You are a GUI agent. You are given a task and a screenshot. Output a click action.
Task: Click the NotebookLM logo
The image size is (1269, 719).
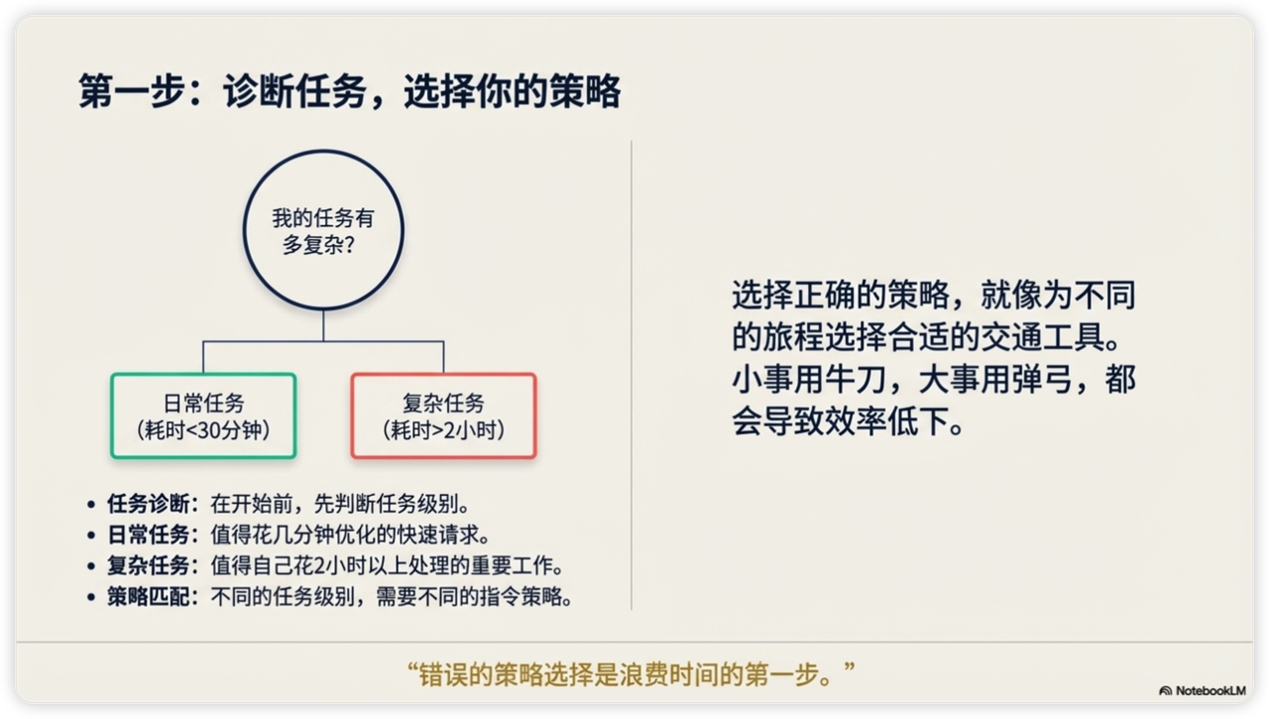(1203, 690)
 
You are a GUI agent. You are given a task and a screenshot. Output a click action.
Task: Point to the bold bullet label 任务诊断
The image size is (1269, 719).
(149, 504)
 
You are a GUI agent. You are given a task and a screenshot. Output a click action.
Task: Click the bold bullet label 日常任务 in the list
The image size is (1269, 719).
(149, 535)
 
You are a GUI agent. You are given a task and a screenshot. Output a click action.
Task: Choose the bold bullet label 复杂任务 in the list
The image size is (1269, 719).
(149, 565)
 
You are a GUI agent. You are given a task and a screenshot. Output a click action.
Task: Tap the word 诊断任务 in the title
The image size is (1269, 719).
(294, 91)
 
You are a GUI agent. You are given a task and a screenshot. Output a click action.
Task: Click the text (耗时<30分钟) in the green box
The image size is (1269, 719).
(203, 430)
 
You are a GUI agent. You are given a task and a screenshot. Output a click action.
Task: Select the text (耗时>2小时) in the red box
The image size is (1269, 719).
(443, 430)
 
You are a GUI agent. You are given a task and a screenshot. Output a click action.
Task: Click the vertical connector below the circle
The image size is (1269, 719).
(323, 326)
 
